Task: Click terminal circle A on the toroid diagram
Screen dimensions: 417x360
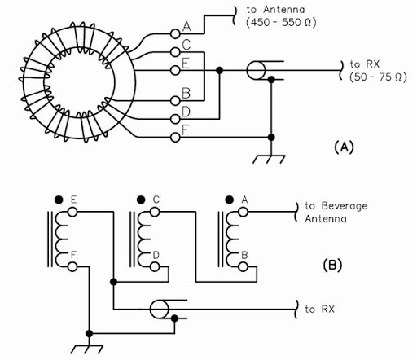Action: (x=175, y=33)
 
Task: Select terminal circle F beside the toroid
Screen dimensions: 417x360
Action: (x=175, y=138)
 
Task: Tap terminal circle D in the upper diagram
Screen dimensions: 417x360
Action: (x=175, y=119)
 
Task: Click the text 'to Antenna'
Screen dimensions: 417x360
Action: (x=275, y=10)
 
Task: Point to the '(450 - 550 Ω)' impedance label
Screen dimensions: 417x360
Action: (x=281, y=22)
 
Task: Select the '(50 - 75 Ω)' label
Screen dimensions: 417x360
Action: (x=378, y=77)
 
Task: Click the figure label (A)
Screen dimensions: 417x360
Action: (x=344, y=147)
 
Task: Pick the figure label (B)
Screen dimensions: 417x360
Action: (x=332, y=265)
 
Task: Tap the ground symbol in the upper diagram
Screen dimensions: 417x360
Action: (x=269, y=159)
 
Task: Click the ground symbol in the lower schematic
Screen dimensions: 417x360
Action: (x=87, y=349)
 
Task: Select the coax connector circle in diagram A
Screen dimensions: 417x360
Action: (x=256, y=71)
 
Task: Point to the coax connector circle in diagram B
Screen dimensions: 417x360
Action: (x=160, y=310)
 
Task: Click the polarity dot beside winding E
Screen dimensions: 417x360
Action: (x=59, y=200)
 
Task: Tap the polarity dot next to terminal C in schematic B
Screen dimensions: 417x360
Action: (x=141, y=200)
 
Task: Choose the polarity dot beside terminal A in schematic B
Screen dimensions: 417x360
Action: (x=230, y=200)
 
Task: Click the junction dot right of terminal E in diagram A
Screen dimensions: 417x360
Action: (x=220, y=71)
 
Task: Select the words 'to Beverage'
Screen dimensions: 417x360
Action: (x=336, y=206)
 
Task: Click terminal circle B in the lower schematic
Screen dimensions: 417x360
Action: (x=244, y=267)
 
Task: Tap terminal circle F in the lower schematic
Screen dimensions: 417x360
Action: (x=72, y=267)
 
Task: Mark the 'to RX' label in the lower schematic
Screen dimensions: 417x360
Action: (x=319, y=309)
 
